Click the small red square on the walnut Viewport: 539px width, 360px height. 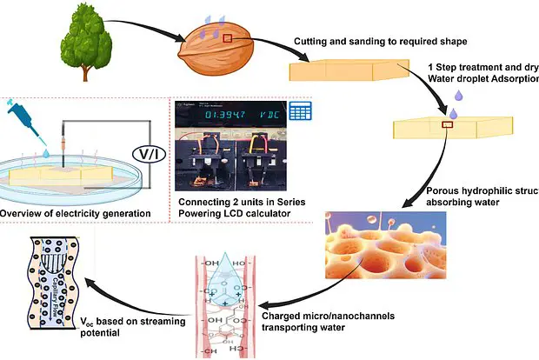click(229, 38)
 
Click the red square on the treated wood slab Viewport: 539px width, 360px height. click(447, 126)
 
